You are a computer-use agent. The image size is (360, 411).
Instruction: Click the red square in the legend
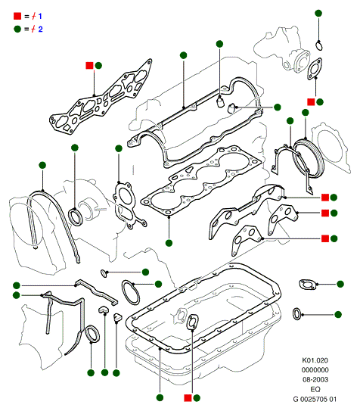(x=17, y=16)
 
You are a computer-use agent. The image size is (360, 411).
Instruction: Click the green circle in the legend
(x=17, y=29)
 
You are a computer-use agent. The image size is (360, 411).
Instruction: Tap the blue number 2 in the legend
(x=40, y=29)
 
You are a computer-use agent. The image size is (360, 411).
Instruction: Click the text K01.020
(x=315, y=360)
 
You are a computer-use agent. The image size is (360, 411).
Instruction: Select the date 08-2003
(x=315, y=379)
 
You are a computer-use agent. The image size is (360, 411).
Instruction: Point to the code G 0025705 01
(x=315, y=399)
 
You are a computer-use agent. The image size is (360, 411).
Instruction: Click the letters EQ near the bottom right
(x=315, y=389)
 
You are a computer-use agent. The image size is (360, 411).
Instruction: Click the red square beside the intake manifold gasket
(x=89, y=66)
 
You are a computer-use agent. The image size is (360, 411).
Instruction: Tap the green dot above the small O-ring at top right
(x=318, y=14)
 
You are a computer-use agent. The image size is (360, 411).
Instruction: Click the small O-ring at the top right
(x=319, y=45)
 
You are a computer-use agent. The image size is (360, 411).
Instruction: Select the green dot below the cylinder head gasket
(x=169, y=243)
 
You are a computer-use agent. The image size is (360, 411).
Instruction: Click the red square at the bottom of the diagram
(x=188, y=398)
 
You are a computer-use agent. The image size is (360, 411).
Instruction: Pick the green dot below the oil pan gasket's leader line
(x=160, y=397)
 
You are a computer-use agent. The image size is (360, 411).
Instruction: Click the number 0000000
(x=315, y=370)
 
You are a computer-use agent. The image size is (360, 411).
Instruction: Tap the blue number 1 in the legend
(x=40, y=16)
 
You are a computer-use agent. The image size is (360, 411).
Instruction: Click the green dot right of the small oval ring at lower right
(x=338, y=315)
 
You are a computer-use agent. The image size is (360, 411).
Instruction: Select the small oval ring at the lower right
(x=297, y=314)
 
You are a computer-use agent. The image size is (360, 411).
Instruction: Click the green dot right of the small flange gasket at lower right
(x=340, y=284)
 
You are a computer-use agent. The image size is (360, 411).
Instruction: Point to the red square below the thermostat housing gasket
(x=311, y=102)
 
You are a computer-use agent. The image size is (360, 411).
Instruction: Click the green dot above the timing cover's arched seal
(x=42, y=166)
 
